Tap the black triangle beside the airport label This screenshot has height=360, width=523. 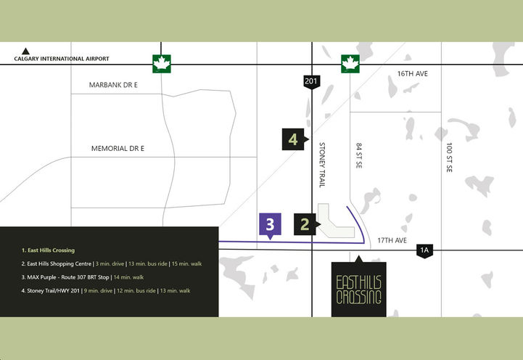pyautogui.click(x=26, y=52)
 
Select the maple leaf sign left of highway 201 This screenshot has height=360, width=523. pyautogui.click(x=161, y=64)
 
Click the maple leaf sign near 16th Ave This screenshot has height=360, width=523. pyautogui.click(x=351, y=64)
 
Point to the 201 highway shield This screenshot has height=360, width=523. pyautogui.click(x=312, y=82)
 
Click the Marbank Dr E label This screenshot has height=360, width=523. pyautogui.click(x=113, y=85)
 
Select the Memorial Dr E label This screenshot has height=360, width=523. pyautogui.click(x=118, y=148)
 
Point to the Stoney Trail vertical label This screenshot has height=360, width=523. pyautogui.click(x=322, y=165)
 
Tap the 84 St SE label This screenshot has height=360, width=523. pyautogui.click(x=358, y=157)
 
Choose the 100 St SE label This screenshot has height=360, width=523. pyautogui.click(x=450, y=157)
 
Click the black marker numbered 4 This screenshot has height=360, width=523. pyautogui.click(x=294, y=139)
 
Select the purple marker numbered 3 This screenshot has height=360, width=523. pyautogui.click(x=270, y=224)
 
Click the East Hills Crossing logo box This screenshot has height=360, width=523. pyautogui.click(x=358, y=288)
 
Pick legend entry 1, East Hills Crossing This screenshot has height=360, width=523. pyautogui.click(x=48, y=250)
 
